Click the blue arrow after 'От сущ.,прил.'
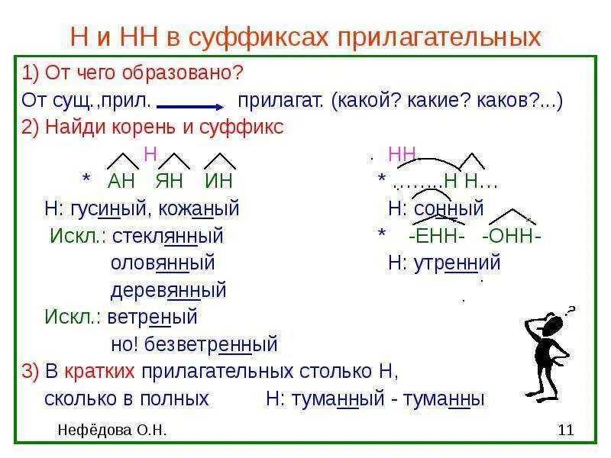pyautogui.click(x=189, y=106)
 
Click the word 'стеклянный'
pyautogui.click(x=167, y=236)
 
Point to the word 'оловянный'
pyautogui.click(x=163, y=263)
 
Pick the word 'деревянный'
pyautogui.click(x=169, y=291)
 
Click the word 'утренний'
pyautogui.click(x=457, y=263)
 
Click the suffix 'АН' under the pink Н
pyautogui.click(x=121, y=181)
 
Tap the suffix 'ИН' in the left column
pyautogui.click(x=218, y=181)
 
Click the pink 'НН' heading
pyautogui.click(x=402, y=155)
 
